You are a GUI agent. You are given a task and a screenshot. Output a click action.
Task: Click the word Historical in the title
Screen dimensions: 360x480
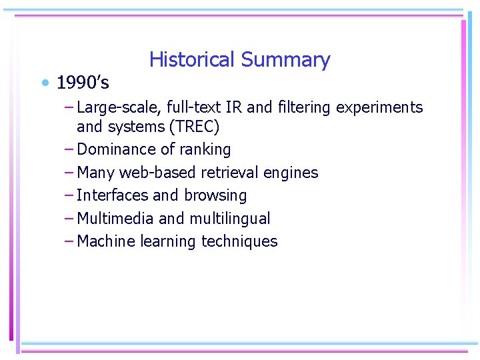point(192,60)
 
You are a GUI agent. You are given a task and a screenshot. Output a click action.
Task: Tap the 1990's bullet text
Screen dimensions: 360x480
point(83,83)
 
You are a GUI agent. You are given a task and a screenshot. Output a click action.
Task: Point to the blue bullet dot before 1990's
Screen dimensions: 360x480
point(45,83)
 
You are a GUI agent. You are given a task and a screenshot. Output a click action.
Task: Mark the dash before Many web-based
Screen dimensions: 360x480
point(70,173)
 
